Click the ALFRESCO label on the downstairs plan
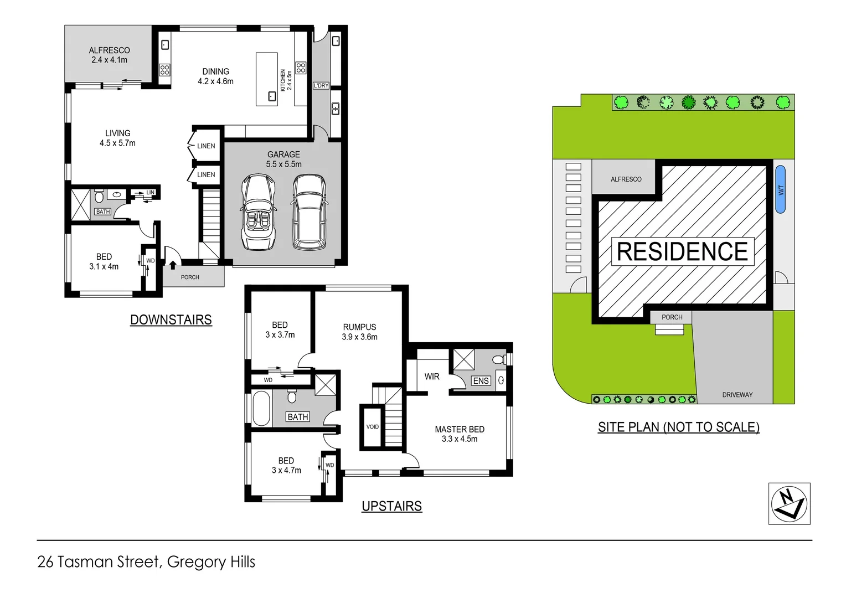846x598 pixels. [x=109, y=55]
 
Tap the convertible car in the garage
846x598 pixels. [x=258, y=212]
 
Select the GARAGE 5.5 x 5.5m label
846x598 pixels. [x=283, y=159]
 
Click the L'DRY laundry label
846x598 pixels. [x=321, y=86]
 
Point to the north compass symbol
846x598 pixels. [x=789, y=503]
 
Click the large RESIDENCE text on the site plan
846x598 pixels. [x=682, y=252]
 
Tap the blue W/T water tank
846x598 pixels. [x=780, y=189]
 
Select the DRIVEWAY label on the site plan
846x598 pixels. [x=737, y=395]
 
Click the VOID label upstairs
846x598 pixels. [x=373, y=427]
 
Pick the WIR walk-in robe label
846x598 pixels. [x=432, y=377]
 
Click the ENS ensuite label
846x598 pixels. [x=481, y=381]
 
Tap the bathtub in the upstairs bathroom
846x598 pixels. [x=261, y=409]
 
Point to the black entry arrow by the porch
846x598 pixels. [x=173, y=265]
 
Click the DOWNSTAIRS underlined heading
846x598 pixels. [x=171, y=320]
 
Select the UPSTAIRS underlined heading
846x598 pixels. [x=391, y=506]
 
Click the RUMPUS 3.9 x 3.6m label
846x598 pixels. [x=359, y=332]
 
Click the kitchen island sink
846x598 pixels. [x=272, y=96]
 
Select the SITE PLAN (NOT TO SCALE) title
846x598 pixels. [x=678, y=427]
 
